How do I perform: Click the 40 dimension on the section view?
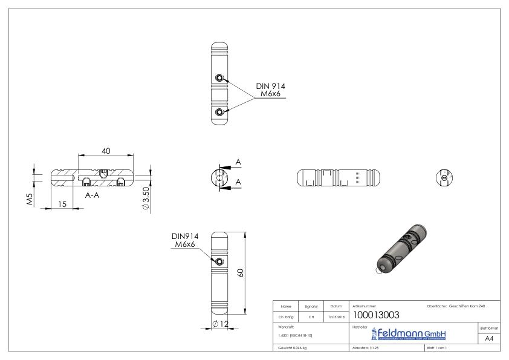(106, 151)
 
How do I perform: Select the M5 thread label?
(29, 198)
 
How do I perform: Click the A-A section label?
(92, 195)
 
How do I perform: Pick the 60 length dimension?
(241, 273)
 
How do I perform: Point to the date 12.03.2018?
(334, 315)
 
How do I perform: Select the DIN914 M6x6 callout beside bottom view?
(187, 240)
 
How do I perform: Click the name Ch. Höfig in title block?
(286, 315)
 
